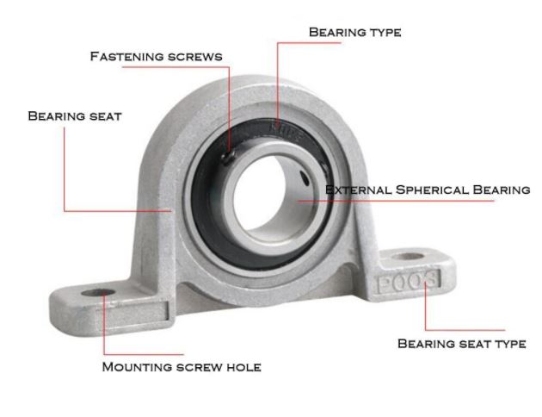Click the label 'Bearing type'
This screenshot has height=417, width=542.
pyautogui.click(x=354, y=32)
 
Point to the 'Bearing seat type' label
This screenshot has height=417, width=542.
pyautogui.click(x=461, y=343)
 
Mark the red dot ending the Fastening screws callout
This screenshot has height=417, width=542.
pyautogui.click(x=227, y=154)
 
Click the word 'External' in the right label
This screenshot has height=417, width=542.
pyautogui.click(x=354, y=190)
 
